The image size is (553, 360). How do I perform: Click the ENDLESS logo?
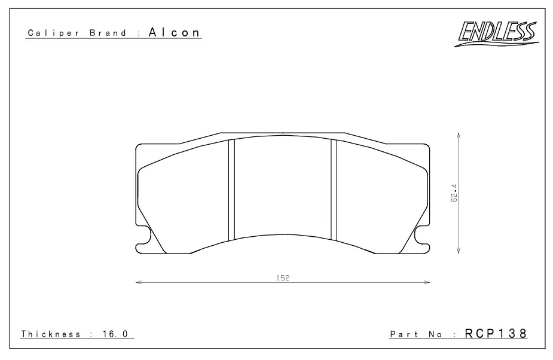[497, 33]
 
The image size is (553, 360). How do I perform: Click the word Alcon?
[175, 32]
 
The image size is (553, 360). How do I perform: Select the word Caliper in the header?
[54, 33]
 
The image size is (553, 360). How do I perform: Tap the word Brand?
[108, 33]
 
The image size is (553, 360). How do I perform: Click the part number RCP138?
[496, 333]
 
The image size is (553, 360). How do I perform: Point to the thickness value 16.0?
[115, 334]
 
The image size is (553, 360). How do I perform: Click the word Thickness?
[51, 334]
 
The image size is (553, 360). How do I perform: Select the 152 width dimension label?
[283, 277]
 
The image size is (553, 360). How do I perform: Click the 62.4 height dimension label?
[454, 193]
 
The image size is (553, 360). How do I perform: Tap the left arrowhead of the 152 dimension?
[138, 282]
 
